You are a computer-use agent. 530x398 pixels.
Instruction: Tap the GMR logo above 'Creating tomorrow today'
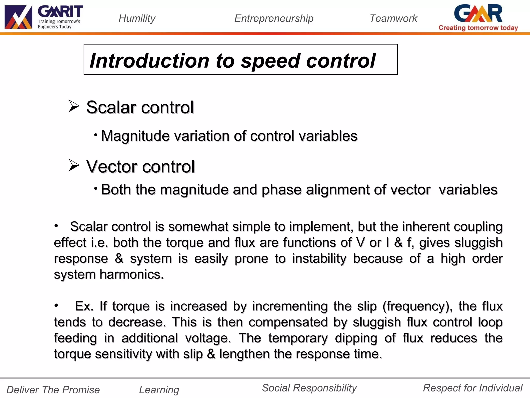[x=478, y=13]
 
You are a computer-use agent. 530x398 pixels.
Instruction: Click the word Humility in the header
[x=137, y=18]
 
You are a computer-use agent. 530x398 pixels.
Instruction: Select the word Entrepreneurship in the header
[x=274, y=18]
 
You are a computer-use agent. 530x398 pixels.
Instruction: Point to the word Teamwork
[x=393, y=18]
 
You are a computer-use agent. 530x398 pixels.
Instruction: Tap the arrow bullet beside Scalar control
[x=74, y=106]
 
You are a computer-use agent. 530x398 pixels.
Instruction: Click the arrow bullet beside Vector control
[x=74, y=165]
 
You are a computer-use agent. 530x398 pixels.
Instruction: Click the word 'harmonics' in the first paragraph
[x=132, y=274]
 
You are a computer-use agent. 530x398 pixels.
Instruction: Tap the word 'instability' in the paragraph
[x=319, y=259]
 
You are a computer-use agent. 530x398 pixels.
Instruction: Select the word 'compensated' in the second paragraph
[x=288, y=322]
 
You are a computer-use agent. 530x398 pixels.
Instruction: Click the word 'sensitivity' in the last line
[x=123, y=354]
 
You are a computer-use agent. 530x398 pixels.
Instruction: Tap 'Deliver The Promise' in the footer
[x=53, y=390]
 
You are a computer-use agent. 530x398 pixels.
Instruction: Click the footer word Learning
[x=159, y=390]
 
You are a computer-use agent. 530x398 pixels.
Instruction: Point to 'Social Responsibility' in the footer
[x=309, y=388]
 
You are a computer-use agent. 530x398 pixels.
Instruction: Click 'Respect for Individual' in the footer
[x=473, y=388]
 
